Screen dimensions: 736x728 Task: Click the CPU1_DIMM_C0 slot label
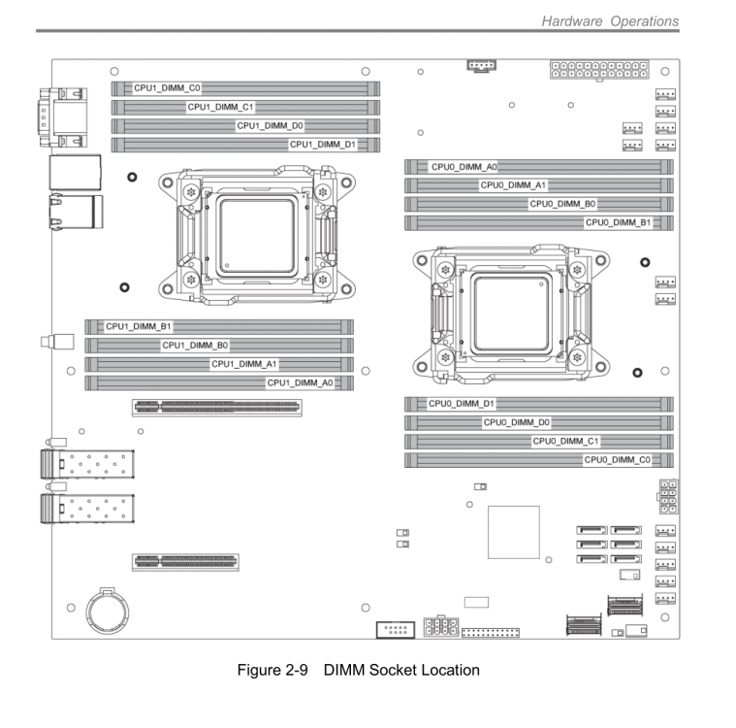pos(167,88)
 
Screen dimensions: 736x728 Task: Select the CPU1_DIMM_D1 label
pos(323,145)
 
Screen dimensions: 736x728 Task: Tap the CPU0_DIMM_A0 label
pos(464,167)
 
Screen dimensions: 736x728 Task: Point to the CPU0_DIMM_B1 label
pos(619,222)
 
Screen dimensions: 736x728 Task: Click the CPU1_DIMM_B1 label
pos(139,326)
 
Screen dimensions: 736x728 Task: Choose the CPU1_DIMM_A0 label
pos(300,383)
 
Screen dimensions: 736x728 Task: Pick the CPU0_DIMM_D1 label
pos(462,403)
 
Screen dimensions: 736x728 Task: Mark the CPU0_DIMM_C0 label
pos(618,460)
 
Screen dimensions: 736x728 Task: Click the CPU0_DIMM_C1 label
pos(565,441)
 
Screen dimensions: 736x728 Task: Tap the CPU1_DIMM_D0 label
pos(270,125)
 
